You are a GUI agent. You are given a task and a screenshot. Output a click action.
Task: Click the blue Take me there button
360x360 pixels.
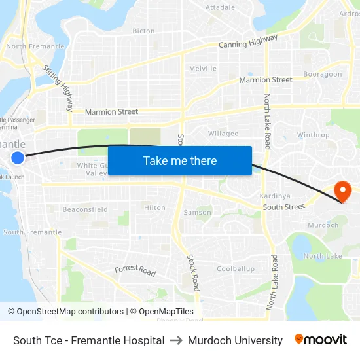[180, 160]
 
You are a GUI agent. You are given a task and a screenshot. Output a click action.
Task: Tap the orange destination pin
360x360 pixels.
[342, 191]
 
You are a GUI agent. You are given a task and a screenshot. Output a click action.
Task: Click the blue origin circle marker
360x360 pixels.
[18, 157]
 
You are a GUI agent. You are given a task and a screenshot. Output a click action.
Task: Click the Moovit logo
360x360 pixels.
[321, 340]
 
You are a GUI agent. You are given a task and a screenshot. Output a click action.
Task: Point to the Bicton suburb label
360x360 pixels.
[144, 31]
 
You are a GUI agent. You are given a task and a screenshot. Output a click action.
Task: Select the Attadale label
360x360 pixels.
[220, 7]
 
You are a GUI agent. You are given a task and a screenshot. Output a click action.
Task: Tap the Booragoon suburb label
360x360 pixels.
[323, 74]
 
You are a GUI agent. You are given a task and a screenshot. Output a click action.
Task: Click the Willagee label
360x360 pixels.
[223, 133]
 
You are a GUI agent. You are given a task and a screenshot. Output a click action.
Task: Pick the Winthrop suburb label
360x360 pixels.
[314, 135]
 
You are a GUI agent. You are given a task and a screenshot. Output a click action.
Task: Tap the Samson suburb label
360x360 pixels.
[197, 212]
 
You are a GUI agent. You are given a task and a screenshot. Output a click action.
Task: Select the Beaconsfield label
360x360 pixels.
[85, 209]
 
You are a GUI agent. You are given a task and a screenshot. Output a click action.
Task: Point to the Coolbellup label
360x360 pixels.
[236, 269]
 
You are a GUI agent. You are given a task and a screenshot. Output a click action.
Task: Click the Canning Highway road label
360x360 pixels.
[248, 43]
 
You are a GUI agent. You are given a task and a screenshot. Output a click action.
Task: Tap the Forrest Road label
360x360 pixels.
[135, 270]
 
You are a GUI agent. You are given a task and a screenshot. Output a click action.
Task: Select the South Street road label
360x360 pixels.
[284, 207]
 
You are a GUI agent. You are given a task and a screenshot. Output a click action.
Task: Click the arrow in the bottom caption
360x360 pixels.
[176, 340]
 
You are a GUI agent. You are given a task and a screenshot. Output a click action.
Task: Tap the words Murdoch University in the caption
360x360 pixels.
[235, 340]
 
